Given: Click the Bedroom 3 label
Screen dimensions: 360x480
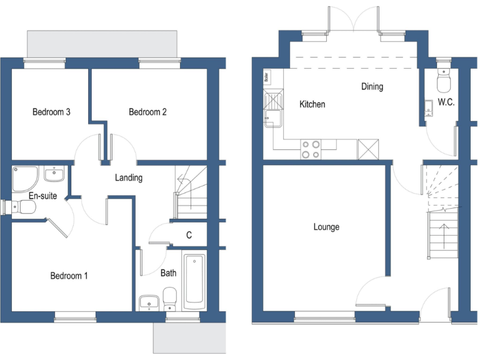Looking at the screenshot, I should tap(51, 112).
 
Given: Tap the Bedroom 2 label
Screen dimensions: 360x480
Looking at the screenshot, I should tap(147, 112).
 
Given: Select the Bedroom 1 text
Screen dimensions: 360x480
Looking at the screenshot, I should tap(69, 276).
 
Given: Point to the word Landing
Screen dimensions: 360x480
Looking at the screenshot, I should tap(129, 177).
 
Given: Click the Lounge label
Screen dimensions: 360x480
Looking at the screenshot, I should tap(326, 227).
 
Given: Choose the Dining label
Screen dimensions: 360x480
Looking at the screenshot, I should tap(372, 87).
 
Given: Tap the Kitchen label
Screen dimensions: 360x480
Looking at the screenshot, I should tap(312, 104).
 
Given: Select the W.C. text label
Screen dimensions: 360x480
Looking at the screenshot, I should tap(446, 101).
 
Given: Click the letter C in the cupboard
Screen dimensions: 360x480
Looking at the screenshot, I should tap(189, 236).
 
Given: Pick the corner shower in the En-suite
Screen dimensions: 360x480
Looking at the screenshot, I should tap(23, 179).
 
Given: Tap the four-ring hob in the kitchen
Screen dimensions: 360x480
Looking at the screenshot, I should tap(311, 149).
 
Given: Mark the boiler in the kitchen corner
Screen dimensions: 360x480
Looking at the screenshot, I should tap(267, 78).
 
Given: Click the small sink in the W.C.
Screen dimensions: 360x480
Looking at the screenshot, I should tap(429, 108).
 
